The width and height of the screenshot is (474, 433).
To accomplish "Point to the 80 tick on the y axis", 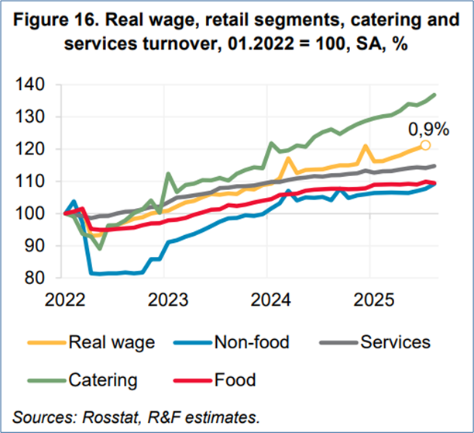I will point(40,278).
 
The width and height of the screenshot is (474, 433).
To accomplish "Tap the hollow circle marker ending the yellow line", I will point(425,145).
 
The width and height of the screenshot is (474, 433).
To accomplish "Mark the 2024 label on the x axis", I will point(267,298).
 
